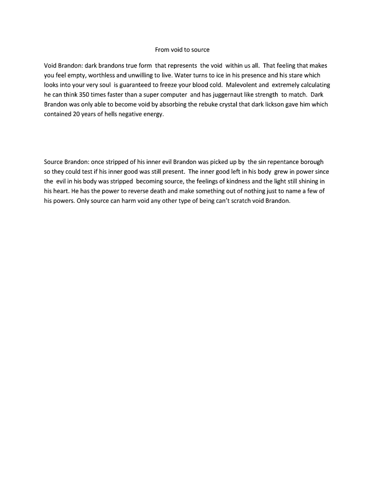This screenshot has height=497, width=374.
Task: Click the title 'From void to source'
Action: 182,50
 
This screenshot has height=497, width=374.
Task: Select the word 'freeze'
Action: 167,85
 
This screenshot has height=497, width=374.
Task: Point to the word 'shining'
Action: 306,182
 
